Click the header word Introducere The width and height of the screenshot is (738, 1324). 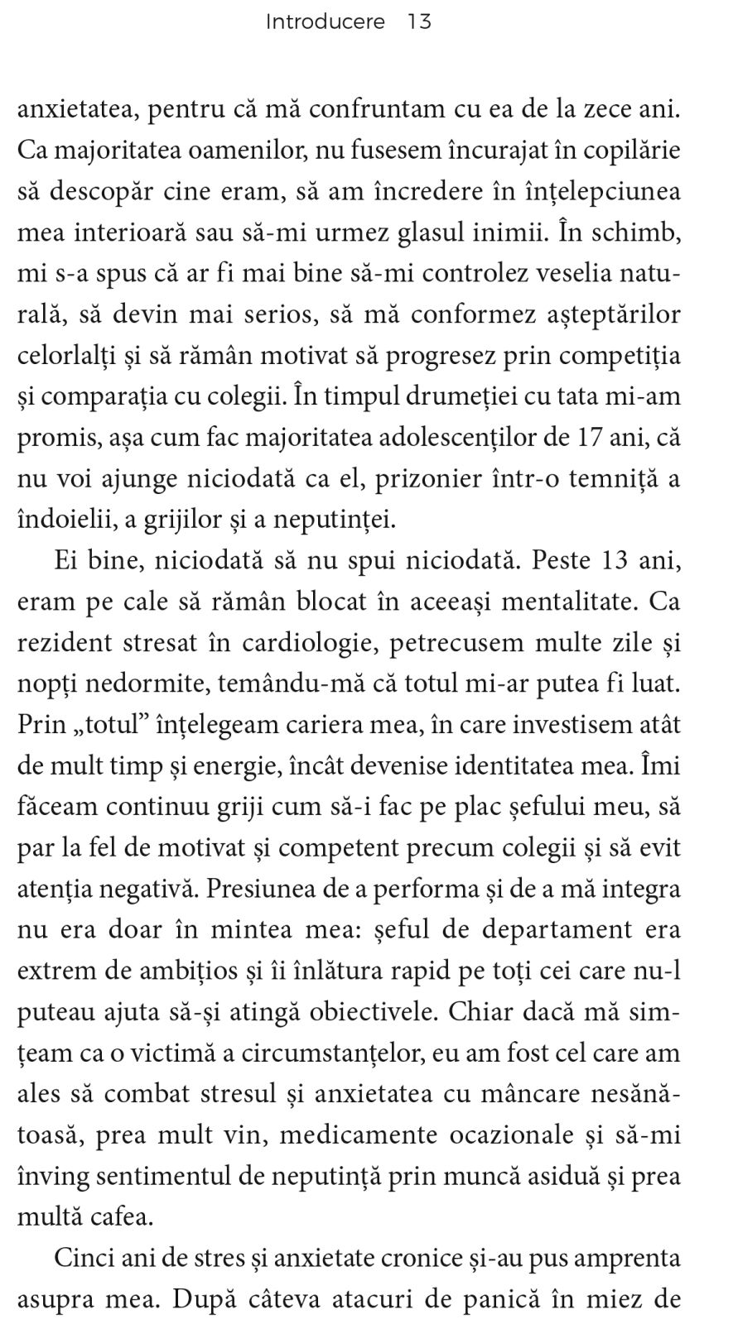(x=325, y=22)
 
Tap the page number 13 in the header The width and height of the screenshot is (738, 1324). (x=419, y=22)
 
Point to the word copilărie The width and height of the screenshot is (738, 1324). (x=632, y=151)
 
